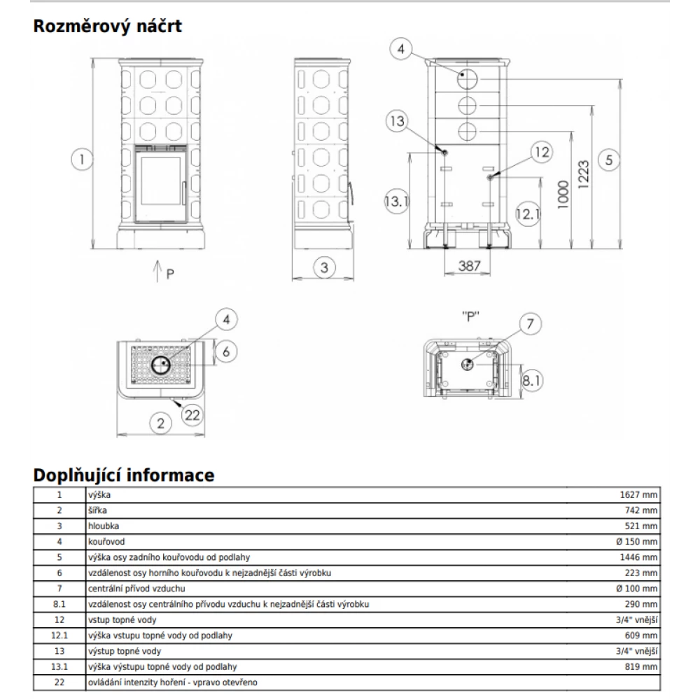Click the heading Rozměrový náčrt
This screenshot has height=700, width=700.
107,27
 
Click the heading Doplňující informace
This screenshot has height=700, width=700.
124,475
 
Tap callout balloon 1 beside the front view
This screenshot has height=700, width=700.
82,160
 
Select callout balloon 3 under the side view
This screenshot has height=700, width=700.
324,267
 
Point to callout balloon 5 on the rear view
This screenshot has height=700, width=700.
609,160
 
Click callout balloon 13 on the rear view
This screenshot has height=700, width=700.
398,122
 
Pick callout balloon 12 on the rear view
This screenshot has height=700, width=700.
540,151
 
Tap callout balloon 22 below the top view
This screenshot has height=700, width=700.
192,414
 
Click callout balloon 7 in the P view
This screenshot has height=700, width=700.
530,324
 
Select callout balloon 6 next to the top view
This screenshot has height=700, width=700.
225,351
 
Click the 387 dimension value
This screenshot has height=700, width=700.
468,266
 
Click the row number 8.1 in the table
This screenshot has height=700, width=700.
59,604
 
